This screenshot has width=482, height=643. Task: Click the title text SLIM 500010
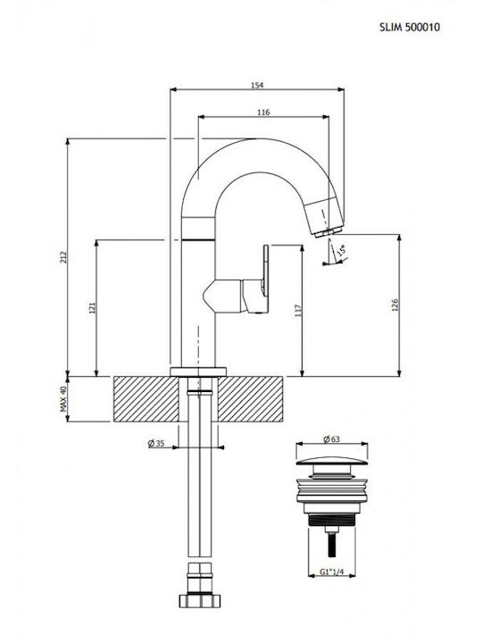tap(410, 28)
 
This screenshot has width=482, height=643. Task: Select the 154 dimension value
tap(257, 86)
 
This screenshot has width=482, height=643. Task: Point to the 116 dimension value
tap(263, 112)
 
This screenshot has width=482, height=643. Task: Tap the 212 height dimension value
tap(63, 256)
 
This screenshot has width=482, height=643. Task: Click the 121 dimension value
tap(92, 307)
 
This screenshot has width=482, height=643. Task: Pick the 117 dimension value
tap(298, 311)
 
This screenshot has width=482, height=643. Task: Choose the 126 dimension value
tap(395, 305)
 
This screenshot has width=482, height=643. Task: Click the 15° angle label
tap(341, 249)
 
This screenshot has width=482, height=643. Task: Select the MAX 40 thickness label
tap(63, 398)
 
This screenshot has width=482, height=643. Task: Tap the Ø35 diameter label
tap(156, 443)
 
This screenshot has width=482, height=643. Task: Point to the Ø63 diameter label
tap(331, 438)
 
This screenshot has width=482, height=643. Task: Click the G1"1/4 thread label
tap(331, 572)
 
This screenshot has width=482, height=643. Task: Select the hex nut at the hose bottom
tap(200, 601)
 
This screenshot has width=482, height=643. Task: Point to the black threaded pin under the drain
tap(331, 544)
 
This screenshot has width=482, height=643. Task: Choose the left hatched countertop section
tap(145, 399)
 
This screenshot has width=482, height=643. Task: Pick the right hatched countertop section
tap(250, 399)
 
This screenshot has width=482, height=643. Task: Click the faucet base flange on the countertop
tap(198, 372)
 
